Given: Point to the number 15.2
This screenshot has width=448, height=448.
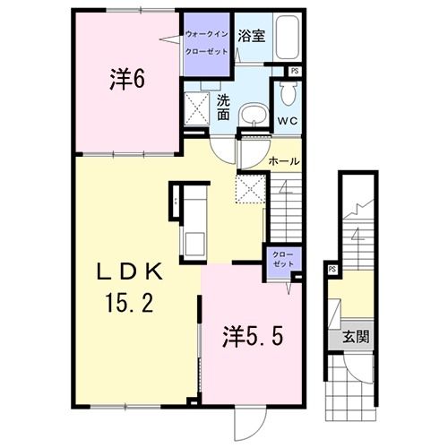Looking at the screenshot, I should pyautogui.click(x=126, y=303).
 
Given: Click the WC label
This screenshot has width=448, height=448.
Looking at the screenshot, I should pyautogui.click(x=287, y=120).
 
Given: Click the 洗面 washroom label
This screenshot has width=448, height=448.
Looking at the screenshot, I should pyautogui.click(x=225, y=108).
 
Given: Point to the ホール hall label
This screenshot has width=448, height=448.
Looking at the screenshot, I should pyautogui.click(x=283, y=160).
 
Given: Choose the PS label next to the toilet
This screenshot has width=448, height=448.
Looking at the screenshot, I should pyautogui.click(x=294, y=71).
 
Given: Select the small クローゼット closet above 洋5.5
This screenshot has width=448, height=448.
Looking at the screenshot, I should pyautogui.click(x=281, y=261).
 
